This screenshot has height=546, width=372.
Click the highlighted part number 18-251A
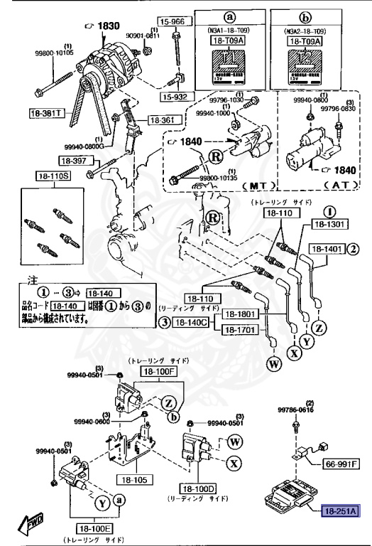click(x=340, y=510)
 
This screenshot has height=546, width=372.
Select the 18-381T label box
click(x=45, y=113)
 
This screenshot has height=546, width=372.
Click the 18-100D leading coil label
click(x=195, y=489)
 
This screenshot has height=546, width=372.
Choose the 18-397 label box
click(x=72, y=161)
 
